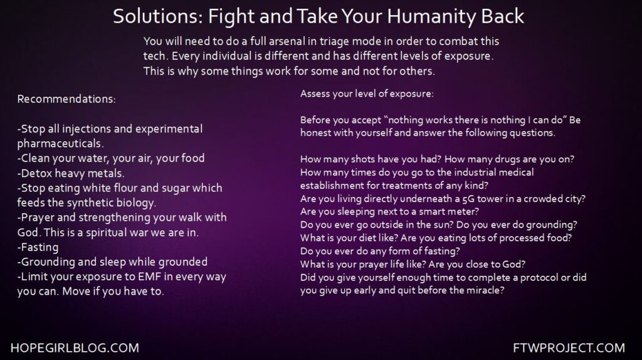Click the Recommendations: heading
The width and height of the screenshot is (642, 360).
[66, 99]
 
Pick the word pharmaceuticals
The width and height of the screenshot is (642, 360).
[60, 144]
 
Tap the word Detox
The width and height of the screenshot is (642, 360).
[36, 173]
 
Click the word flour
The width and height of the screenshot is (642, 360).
[123, 188]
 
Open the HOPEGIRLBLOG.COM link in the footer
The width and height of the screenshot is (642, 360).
[75, 348]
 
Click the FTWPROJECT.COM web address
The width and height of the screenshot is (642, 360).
[569, 348]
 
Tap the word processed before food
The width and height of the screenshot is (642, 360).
[530, 238]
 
